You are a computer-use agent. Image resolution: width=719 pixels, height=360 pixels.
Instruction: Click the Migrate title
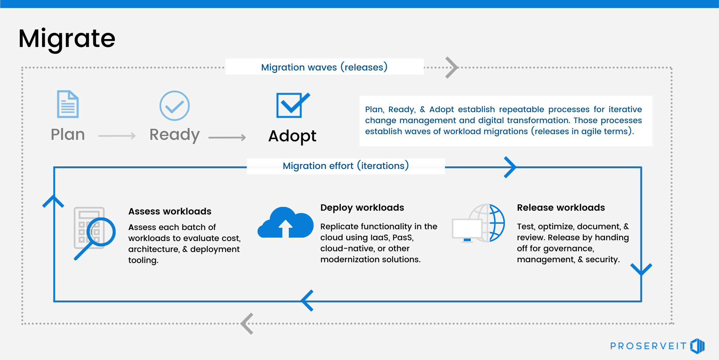coord(67,39)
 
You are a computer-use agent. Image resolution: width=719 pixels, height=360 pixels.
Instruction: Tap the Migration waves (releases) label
coord(324,67)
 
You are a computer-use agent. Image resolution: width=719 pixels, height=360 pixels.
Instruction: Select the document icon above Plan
coord(68,104)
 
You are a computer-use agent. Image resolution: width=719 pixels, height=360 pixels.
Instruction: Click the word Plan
coord(68,135)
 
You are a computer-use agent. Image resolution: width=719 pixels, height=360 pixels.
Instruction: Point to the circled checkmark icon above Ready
coord(174,106)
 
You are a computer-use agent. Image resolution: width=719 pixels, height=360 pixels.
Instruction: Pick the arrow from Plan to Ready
coord(117,136)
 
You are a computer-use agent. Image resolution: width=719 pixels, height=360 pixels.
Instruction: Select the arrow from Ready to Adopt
coord(227,137)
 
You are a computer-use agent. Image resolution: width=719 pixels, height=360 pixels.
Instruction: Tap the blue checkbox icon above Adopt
coord(292,105)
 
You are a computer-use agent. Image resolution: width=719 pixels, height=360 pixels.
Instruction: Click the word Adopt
coord(292,136)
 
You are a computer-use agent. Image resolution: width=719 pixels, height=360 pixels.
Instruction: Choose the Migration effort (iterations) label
coord(345,166)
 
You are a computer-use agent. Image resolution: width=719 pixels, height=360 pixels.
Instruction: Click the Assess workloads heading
coord(169,211)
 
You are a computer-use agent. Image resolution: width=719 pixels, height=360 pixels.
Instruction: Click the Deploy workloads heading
coord(362,208)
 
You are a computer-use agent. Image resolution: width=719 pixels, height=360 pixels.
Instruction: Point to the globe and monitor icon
coord(478,224)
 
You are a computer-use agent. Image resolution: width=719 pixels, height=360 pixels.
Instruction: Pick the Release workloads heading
coord(561,208)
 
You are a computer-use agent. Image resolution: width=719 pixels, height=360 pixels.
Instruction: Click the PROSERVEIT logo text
coord(648,346)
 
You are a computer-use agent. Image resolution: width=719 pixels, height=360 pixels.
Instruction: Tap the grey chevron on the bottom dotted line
coord(247,324)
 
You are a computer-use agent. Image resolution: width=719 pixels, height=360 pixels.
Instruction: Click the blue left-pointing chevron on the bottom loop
coord(307,301)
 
